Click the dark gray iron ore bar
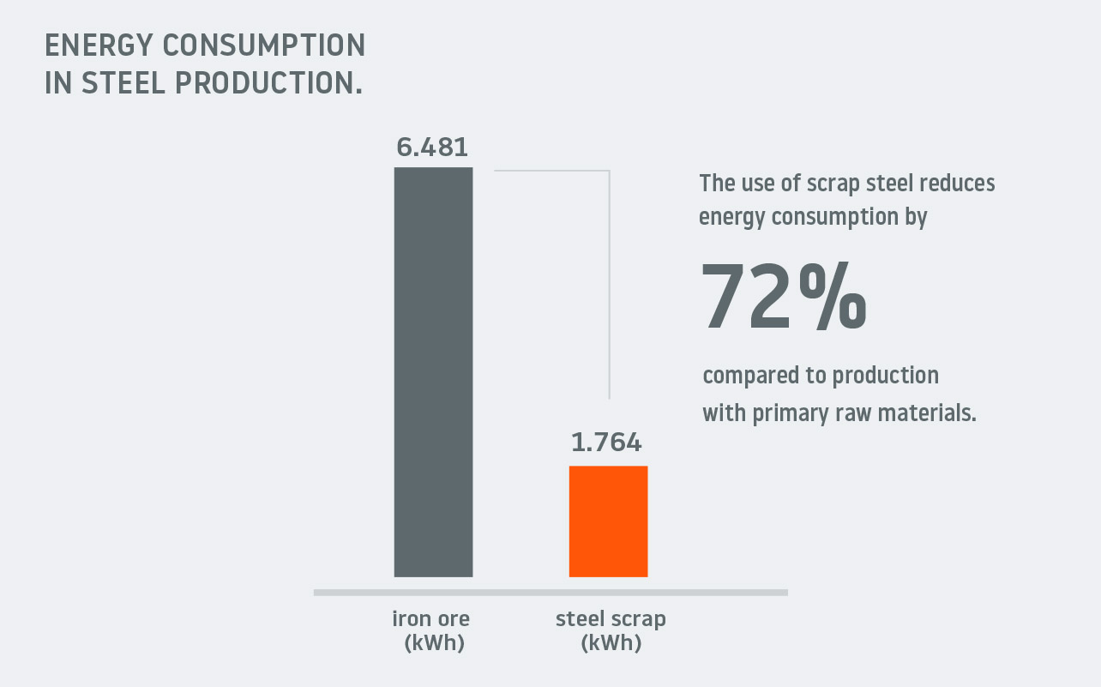click(433, 371)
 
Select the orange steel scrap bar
click(608, 521)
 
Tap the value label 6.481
click(432, 147)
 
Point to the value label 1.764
click(606, 442)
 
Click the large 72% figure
click(784, 296)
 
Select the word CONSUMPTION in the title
click(264, 45)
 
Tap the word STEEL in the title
click(123, 82)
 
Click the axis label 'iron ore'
click(431, 618)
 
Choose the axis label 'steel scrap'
click(611, 618)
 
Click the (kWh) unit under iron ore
click(435, 642)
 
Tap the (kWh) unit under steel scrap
click(611, 642)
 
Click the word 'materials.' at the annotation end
click(927, 413)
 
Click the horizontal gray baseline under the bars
click(550, 593)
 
